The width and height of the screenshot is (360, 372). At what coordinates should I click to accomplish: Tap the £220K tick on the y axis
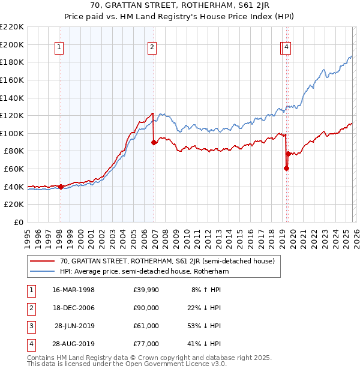tap(13, 27)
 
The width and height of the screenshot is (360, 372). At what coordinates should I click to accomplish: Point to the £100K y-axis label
tap(13, 133)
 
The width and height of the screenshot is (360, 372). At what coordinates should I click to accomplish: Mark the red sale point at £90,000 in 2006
tap(154, 142)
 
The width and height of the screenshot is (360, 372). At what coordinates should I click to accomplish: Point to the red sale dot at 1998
tap(61, 187)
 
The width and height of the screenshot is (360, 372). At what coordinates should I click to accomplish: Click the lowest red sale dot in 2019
tap(286, 168)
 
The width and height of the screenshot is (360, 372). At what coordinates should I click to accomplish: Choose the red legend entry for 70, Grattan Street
tap(167, 261)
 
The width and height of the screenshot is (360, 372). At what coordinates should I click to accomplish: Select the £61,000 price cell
tap(146, 326)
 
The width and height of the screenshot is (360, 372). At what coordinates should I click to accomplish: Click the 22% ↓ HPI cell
tap(204, 308)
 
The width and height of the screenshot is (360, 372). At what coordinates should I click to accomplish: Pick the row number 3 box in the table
tap(29, 326)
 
